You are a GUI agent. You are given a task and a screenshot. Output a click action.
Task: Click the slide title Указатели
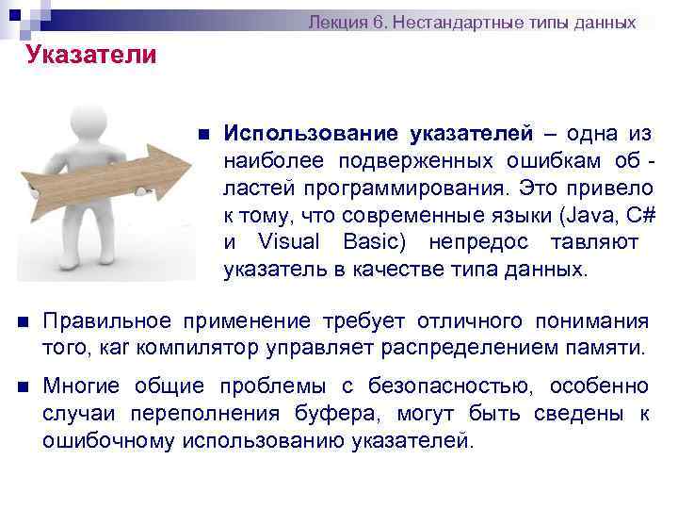tap(91, 55)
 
